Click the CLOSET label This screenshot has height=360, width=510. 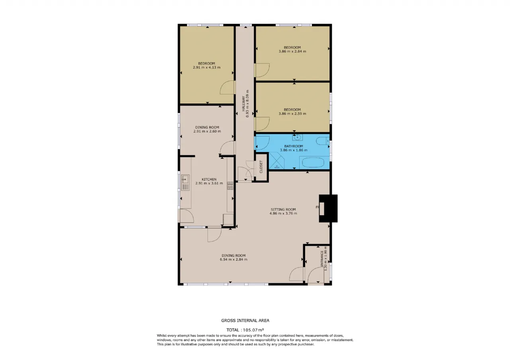coord(261,167)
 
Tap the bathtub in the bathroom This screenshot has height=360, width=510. coord(313,162)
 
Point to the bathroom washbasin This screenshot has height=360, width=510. coord(297,137)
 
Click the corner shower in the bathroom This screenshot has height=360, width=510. coord(277,160)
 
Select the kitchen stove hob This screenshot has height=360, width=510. coord(230,186)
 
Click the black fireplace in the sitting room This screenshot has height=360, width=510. coord(328,208)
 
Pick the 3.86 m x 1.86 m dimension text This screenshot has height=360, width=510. coord(294,150)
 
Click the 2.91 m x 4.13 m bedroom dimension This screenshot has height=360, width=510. coord(206,67)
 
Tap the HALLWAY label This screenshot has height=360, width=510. coord(243,104)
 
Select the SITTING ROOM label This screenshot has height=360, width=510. coord(283,209)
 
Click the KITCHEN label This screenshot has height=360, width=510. coord(209,179)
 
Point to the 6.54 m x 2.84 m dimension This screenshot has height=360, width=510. coord(233,259)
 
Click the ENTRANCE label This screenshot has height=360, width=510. coord(322,259)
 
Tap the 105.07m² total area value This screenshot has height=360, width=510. coord(253,330)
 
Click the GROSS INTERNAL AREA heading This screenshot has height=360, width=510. coord(245,321)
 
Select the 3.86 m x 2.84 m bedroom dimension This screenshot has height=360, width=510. coord(292,51)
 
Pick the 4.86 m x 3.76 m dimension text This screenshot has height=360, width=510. coord(283,213)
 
